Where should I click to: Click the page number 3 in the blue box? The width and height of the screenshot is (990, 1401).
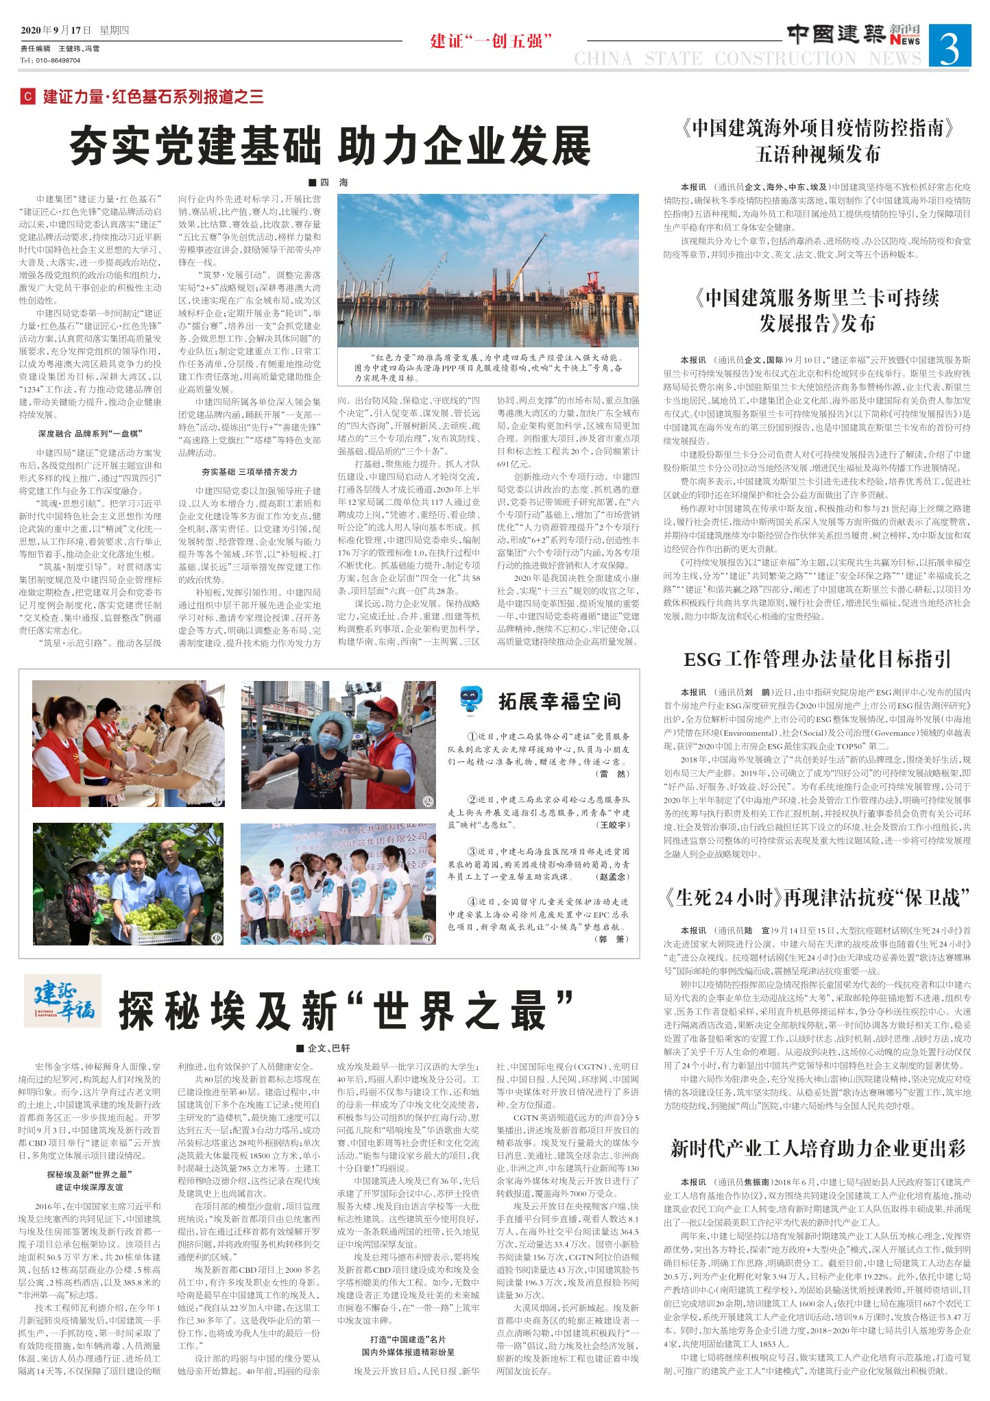[950, 46]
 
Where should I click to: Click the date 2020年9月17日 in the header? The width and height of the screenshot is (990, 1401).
[56, 30]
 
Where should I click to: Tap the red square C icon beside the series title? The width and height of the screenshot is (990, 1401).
[27, 97]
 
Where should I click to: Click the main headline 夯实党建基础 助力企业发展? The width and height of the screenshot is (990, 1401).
[330, 146]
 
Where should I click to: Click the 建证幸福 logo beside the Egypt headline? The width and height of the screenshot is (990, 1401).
[63, 1001]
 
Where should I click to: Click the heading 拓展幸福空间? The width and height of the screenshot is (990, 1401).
[559, 701]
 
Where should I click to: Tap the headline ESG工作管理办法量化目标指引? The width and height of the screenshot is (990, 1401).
[817, 659]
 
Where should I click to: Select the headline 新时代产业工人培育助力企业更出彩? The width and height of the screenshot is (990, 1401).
[817, 1149]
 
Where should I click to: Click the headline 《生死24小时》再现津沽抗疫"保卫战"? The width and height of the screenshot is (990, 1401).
[817, 897]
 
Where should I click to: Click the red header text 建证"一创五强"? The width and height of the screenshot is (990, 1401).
[491, 41]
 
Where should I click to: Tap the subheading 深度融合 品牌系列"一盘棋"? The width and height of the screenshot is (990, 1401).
[90, 434]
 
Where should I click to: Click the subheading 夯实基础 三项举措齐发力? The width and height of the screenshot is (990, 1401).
[249, 472]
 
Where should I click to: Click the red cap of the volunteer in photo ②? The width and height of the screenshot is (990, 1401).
[381, 705]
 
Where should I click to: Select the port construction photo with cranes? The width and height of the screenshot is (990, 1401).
[487, 270]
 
